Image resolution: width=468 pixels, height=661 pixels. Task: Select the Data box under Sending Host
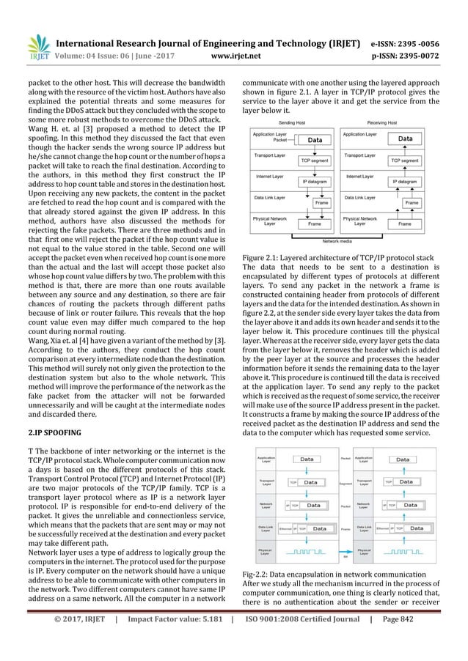coord(315,139)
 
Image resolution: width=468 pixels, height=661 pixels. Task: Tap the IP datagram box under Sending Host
coord(315,180)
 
